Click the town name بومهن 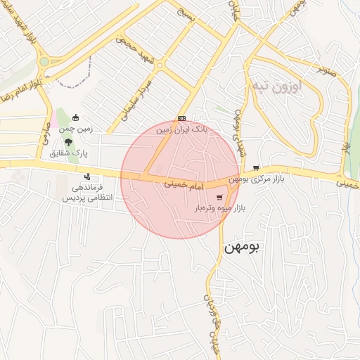(241, 248)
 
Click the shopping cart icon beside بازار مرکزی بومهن (255, 168)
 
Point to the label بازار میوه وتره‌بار (226, 209)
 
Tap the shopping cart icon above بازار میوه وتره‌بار (220, 197)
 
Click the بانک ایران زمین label (181, 129)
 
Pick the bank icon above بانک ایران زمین (181, 118)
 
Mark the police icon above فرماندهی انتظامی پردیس (87, 176)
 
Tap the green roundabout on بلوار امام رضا (44, 61)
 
